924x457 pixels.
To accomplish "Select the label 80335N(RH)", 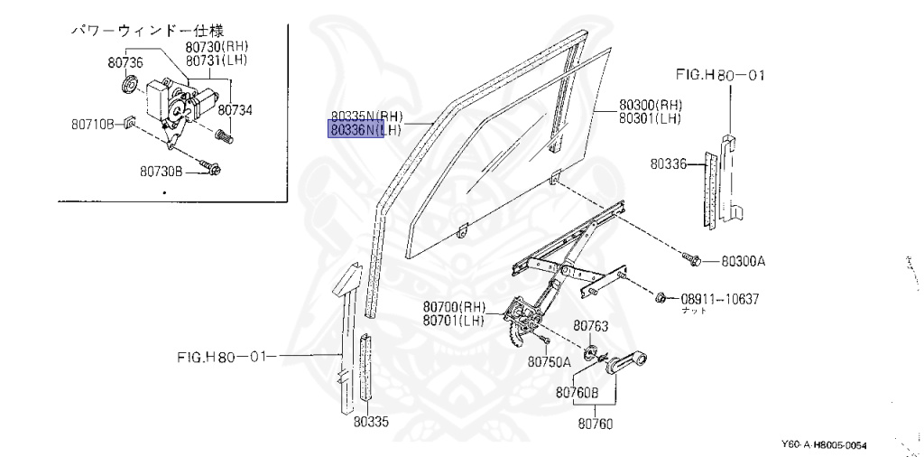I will click(x=366, y=117).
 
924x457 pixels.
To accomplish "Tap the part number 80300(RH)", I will click(x=650, y=104).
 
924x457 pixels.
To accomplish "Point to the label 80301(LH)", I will click(x=650, y=117).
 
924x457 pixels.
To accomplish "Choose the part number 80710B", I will click(x=93, y=123).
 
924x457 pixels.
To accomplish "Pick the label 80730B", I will click(x=162, y=169).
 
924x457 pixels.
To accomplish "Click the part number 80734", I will click(x=235, y=110).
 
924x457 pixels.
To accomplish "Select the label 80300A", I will click(x=743, y=262).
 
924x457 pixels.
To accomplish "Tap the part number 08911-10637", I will click(x=720, y=298).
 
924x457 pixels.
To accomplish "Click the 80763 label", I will click(x=591, y=326).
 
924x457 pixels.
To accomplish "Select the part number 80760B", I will click(x=577, y=393).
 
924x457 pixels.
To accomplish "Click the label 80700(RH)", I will click(x=453, y=306).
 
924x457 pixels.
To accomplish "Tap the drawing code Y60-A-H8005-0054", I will click(x=829, y=444).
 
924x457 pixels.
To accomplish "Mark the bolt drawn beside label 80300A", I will click(x=695, y=260).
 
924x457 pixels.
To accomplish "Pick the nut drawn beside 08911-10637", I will click(x=662, y=296).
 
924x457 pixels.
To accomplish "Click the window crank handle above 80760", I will click(x=626, y=364).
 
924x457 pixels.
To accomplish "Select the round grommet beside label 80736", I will click(x=129, y=87).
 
